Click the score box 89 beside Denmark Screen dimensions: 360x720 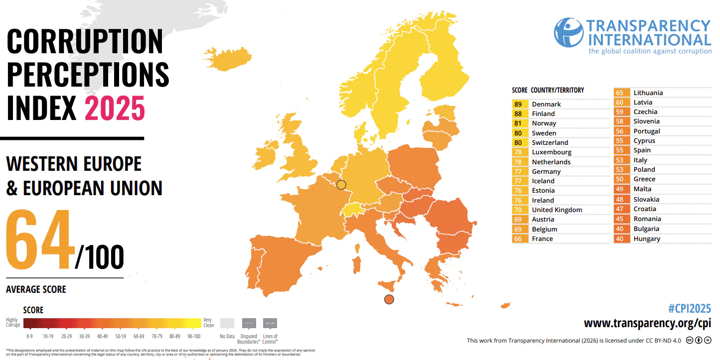coord(518,104)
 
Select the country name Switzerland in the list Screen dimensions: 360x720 coord(550,142)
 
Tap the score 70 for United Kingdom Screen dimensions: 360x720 coord(518,210)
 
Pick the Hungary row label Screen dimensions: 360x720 coord(647,239)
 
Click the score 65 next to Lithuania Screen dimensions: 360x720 coord(620,93)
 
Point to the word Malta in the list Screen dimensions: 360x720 coord(642,189)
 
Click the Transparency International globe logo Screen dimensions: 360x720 coord(569,32)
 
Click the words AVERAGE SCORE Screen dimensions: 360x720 coord(36,289)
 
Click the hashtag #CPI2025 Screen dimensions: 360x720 coord(689,308)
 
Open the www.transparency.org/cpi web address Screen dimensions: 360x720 coord(647,323)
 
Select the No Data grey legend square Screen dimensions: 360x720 coord(227,323)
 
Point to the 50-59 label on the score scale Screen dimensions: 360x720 coord(119,337)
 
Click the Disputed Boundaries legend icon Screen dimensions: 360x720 coord(249,323)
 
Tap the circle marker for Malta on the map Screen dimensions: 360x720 coord(389,299)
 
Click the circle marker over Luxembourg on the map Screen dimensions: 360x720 coord(341,185)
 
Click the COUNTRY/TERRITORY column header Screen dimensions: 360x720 coord(557,90)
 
